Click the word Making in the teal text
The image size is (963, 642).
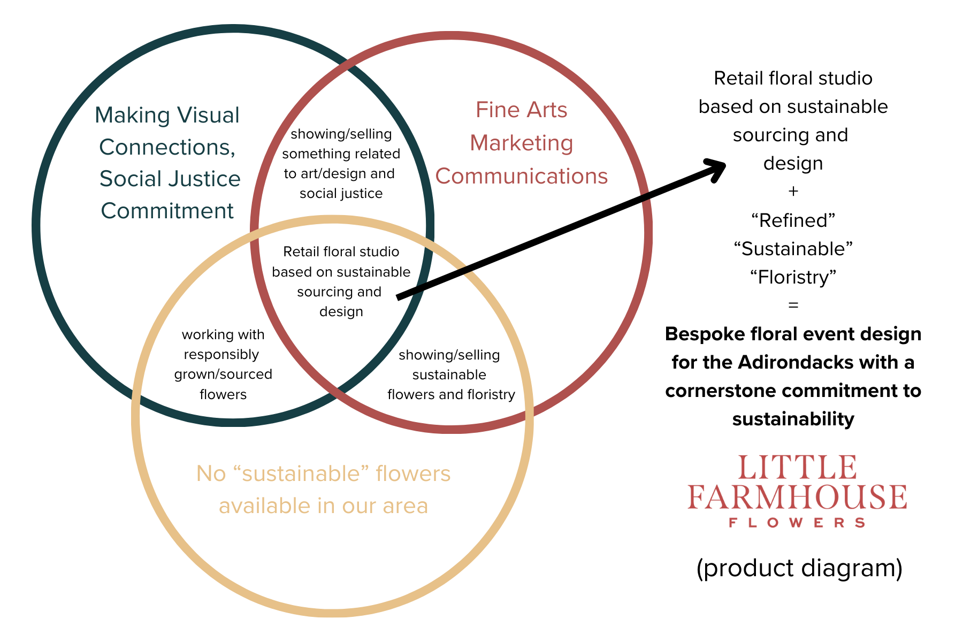tap(132, 116)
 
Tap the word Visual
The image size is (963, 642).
tap(208, 116)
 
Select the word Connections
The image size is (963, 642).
tap(166, 147)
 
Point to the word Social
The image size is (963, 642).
tap(130, 179)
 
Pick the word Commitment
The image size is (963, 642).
tap(167, 211)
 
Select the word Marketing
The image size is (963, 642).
tap(522, 143)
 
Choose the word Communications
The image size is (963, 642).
tap(522, 176)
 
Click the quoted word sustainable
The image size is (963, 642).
tap(302, 473)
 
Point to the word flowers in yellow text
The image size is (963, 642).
tap(413, 473)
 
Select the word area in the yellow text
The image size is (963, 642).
tap(406, 506)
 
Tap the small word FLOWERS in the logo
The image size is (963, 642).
tap(797, 523)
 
